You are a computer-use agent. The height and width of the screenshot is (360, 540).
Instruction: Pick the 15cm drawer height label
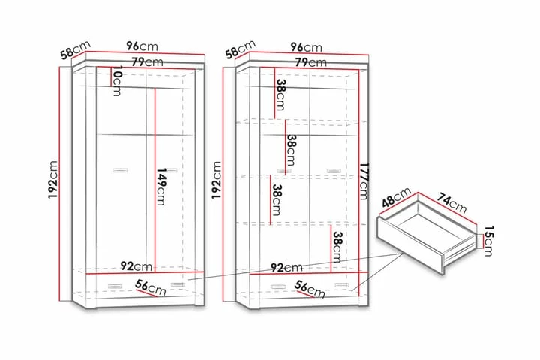coord(488,241)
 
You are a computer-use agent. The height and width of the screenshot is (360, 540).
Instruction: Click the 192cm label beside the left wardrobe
coord(52,183)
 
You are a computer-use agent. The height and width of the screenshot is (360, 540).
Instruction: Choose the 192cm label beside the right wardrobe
coord(217,183)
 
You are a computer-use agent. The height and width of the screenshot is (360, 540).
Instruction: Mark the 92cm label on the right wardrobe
coord(287,266)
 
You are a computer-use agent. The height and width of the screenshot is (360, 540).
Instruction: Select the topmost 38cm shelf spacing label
coord(279,94)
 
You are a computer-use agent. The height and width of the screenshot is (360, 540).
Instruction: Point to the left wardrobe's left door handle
coord(118,172)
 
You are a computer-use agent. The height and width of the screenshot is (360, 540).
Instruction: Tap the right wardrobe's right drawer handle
coord(342,285)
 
